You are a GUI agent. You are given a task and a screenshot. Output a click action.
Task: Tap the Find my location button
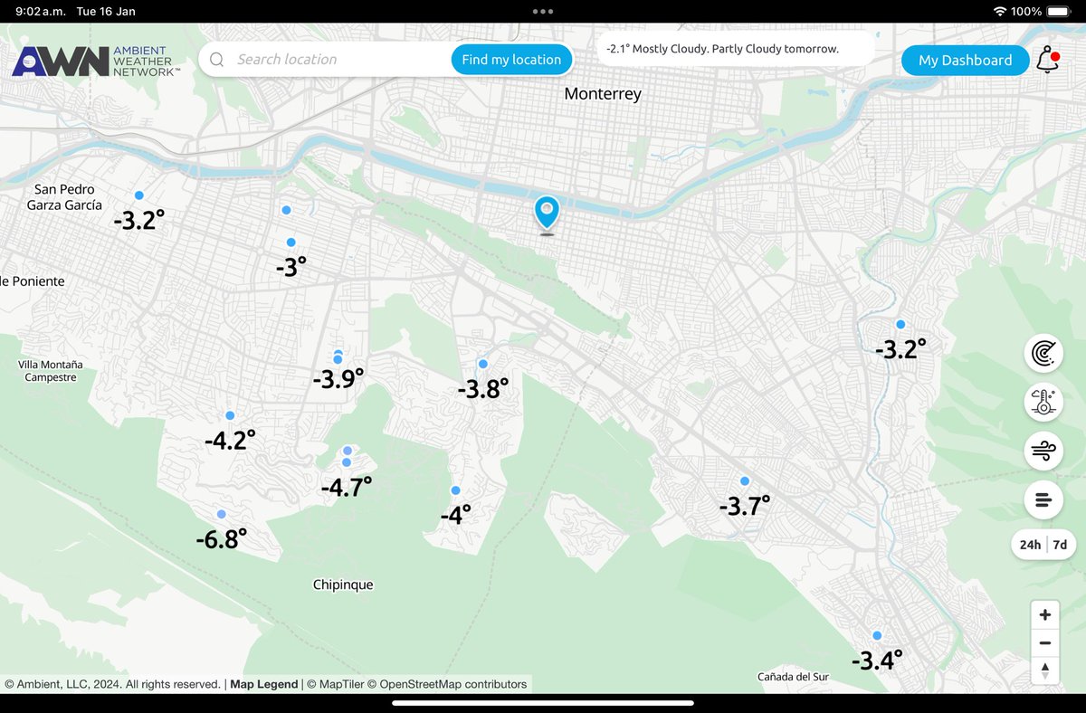tap(511, 60)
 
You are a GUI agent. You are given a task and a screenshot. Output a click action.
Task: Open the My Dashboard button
tap(965, 61)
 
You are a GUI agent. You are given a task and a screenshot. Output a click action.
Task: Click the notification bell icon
tap(1047, 61)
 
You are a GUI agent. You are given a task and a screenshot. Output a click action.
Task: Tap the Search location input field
tap(335, 60)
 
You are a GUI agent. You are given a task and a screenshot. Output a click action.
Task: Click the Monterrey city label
tap(602, 94)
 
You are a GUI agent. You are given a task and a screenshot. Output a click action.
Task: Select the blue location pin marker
tap(547, 213)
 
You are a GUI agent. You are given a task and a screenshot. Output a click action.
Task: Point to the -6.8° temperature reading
tap(222, 539)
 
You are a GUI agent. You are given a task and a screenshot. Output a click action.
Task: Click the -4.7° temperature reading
tap(347, 488)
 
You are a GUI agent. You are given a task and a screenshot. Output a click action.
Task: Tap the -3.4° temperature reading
tap(877, 661)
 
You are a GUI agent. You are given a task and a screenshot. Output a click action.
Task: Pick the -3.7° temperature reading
tap(744, 506)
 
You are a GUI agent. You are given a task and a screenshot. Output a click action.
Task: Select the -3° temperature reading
tap(291, 267)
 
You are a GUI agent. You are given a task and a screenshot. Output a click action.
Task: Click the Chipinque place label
tap(343, 585)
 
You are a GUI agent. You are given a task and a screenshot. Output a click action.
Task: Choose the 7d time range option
tap(1060, 545)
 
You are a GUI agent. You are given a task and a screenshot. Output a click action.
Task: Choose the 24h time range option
tap(1030, 545)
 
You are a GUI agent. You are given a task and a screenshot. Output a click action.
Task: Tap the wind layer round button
tap(1043, 451)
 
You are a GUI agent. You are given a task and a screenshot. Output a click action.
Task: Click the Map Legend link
tap(263, 684)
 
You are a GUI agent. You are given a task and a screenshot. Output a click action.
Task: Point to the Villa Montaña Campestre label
tap(51, 371)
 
